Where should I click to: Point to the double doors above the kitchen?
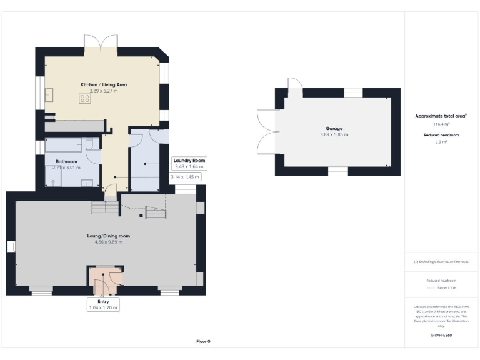101,44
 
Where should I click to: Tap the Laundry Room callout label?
189,161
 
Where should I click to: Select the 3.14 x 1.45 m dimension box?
186,177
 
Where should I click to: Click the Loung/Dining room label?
108,236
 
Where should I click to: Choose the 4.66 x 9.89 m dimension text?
108,242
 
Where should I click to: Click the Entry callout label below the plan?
103,302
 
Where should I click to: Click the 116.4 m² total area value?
441,124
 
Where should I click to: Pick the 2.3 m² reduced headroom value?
441,142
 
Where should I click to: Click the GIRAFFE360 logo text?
441,336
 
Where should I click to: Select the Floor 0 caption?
203,341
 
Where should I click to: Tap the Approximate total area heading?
440,116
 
